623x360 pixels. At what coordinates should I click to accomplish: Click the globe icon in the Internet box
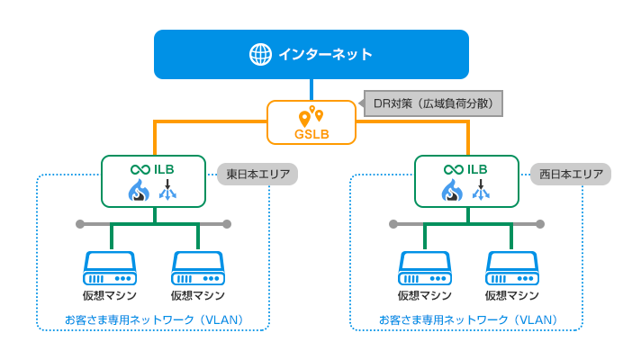click(x=259, y=54)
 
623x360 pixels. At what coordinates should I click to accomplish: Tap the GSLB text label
click(x=311, y=135)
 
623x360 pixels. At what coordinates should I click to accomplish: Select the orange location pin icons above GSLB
click(x=311, y=116)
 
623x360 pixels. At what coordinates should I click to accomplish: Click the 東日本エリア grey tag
click(x=257, y=174)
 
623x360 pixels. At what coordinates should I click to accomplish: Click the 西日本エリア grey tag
click(x=571, y=174)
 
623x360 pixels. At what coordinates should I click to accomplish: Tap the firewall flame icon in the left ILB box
click(x=140, y=190)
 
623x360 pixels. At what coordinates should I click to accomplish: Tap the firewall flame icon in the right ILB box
click(x=452, y=190)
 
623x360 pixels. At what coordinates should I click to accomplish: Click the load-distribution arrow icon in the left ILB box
click(x=167, y=190)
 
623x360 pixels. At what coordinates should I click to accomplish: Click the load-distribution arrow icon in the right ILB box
click(x=481, y=190)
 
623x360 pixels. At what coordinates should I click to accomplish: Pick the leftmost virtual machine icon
click(x=110, y=267)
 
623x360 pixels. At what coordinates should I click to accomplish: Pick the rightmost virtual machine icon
click(x=510, y=267)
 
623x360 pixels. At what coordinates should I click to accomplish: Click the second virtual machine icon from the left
click(x=197, y=267)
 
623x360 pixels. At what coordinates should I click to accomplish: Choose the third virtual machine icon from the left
click(x=423, y=267)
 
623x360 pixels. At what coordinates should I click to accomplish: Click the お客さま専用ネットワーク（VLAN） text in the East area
click(x=154, y=319)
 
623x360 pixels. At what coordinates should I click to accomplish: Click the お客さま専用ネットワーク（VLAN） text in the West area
click(x=467, y=319)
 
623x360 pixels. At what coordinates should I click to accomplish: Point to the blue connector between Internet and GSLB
click(x=311, y=89)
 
